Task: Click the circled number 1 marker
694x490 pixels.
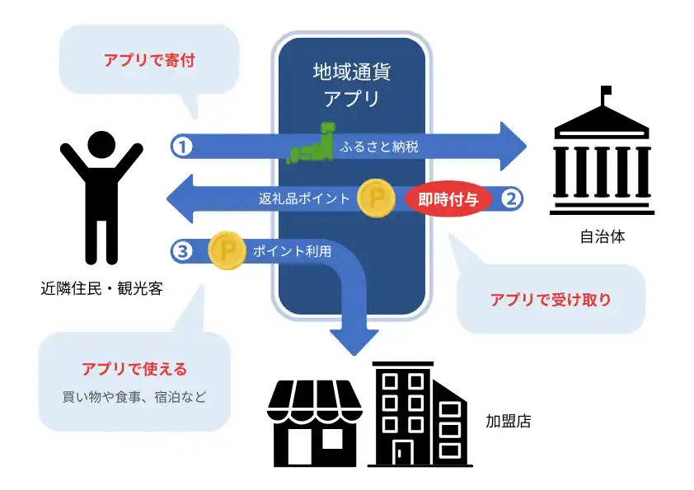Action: point(182,146)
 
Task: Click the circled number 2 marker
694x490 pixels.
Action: point(511,198)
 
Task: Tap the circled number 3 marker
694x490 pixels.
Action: point(182,250)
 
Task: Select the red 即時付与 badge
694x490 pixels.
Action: point(448,198)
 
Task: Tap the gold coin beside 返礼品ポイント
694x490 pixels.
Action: point(376,198)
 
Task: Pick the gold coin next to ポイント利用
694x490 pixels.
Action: point(227,250)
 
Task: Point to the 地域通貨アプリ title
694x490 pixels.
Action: point(352,85)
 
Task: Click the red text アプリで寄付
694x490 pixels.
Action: point(149,60)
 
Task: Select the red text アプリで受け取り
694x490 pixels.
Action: point(551,300)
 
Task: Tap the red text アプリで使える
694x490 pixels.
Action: point(134,368)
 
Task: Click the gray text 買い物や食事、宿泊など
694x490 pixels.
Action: point(134,396)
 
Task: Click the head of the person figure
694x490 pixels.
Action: point(101,146)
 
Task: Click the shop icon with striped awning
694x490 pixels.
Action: point(315,424)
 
